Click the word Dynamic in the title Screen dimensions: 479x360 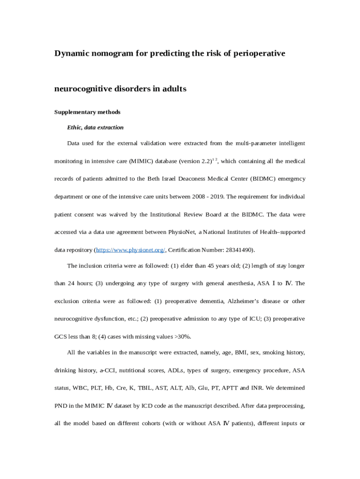71,53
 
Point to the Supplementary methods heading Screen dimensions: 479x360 87,112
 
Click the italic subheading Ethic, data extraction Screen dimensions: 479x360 95,127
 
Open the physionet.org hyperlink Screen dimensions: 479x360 130,250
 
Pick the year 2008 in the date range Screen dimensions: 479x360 195,197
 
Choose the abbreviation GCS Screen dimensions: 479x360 61,337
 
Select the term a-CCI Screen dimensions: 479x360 108,370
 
